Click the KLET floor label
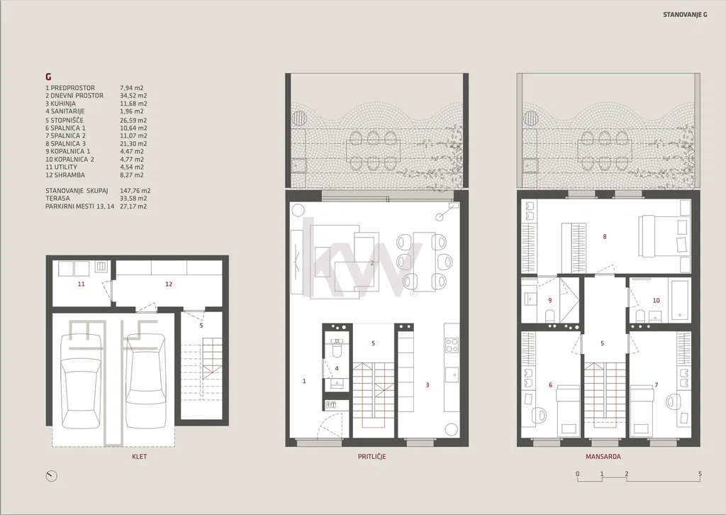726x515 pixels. pyautogui.click(x=140, y=457)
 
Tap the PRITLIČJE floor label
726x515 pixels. pyautogui.click(x=372, y=457)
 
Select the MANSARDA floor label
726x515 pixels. pyautogui.click(x=603, y=457)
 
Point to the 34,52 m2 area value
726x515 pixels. pyautogui.click(x=133, y=96)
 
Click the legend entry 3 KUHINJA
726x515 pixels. pyautogui.click(x=61, y=104)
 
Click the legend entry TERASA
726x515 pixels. pyautogui.click(x=58, y=198)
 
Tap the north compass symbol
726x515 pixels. pyautogui.click(x=51, y=476)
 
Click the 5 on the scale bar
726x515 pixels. pyautogui.click(x=700, y=474)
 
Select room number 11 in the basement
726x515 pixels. pyautogui.click(x=81, y=284)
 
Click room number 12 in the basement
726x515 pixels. pyautogui.click(x=169, y=284)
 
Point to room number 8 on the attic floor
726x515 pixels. pyautogui.click(x=605, y=237)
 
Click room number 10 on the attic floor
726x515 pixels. pyautogui.click(x=656, y=301)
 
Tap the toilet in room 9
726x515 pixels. pyautogui.click(x=550, y=316)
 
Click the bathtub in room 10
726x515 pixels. pyautogui.click(x=679, y=299)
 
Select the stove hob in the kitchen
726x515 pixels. pyautogui.click(x=452, y=345)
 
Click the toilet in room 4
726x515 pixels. pyautogui.click(x=337, y=351)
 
